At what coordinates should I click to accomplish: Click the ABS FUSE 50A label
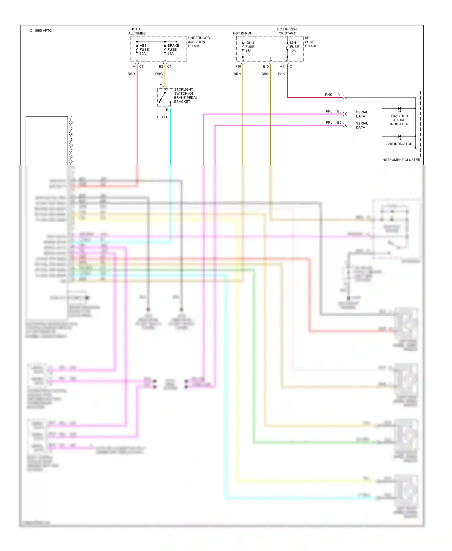(x=144, y=49)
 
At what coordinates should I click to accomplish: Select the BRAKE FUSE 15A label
(x=173, y=49)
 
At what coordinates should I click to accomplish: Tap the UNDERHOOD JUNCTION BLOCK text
(x=199, y=42)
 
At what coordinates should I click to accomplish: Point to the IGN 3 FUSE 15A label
(x=250, y=47)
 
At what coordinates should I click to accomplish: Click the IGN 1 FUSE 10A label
(x=294, y=47)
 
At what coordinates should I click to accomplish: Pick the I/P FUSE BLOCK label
(x=310, y=42)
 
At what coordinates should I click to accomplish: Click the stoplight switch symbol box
(x=165, y=97)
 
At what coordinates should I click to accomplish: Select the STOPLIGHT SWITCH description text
(x=185, y=96)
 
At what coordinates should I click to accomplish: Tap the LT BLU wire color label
(x=163, y=117)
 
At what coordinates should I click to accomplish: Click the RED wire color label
(x=131, y=74)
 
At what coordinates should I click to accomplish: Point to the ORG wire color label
(x=159, y=74)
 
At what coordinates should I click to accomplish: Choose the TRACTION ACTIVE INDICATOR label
(x=399, y=120)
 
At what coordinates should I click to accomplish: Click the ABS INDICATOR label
(x=399, y=144)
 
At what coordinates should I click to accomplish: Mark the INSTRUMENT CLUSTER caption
(x=400, y=160)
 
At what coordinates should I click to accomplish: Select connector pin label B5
(x=339, y=112)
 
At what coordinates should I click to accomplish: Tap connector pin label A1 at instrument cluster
(x=339, y=95)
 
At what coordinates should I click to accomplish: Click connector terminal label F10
(x=238, y=67)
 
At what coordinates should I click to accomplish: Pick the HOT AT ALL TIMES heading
(x=137, y=31)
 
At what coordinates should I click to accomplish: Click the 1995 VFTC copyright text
(x=41, y=31)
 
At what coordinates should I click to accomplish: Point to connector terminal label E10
(x=265, y=67)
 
